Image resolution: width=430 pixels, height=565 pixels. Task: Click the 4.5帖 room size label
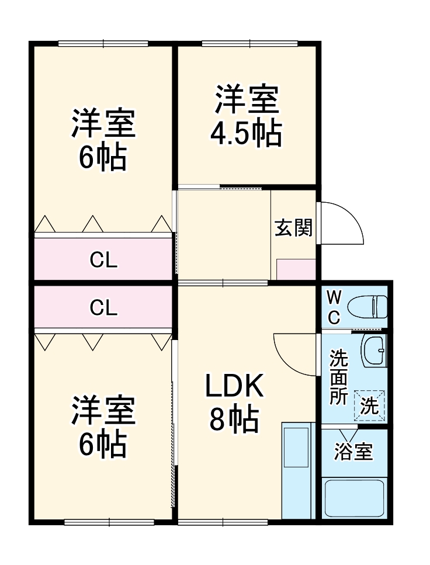pos(246,134)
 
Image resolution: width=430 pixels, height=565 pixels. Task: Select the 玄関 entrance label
pos(293,228)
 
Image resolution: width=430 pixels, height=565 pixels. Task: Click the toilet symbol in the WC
pos(367,306)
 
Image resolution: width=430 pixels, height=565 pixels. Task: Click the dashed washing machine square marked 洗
pos(369,405)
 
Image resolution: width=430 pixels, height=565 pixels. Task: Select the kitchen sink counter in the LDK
pos(297,470)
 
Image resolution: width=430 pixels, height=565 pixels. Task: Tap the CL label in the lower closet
pos(103,307)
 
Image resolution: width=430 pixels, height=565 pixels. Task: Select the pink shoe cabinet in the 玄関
pos(296,269)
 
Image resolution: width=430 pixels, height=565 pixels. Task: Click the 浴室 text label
pos(353,452)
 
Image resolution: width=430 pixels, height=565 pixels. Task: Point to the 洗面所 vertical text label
pos(338,377)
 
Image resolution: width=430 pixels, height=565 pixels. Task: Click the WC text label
pos(333,307)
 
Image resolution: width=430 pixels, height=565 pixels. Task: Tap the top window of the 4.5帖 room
pos(249,43)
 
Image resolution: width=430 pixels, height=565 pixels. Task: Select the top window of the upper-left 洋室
pos(103,43)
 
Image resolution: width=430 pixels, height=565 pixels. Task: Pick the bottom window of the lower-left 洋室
pos(109,522)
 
